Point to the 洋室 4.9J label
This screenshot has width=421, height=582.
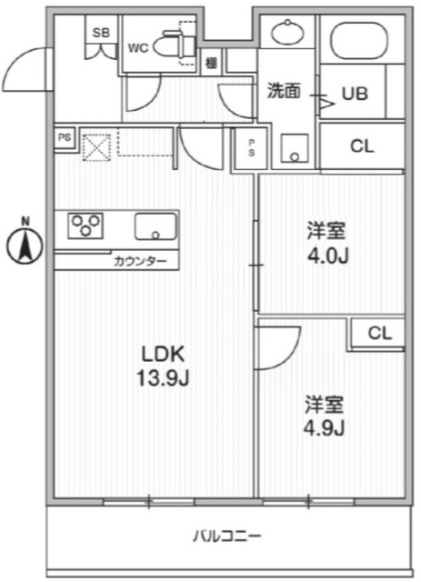(x=326, y=416)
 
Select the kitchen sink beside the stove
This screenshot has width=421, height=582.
(x=155, y=225)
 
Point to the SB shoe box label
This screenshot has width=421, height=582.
(x=100, y=33)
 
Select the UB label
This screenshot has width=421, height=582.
(x=354, y=93)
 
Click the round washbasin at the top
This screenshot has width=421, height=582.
(x=287, y=33)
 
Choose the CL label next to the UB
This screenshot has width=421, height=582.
(x=361, y=145)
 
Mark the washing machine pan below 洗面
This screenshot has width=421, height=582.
(x=296, y=149)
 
